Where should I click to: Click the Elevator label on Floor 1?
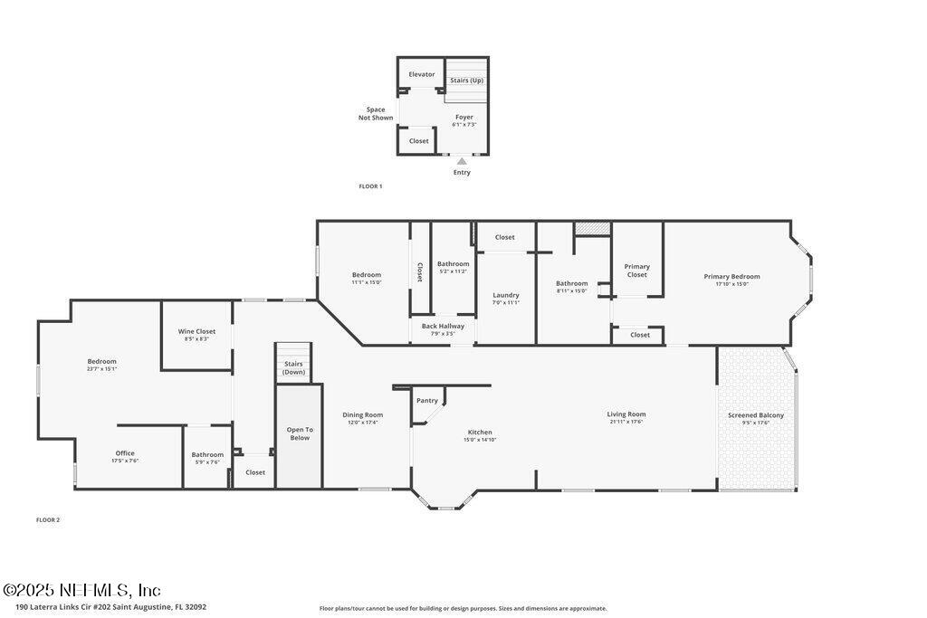click(421, 74)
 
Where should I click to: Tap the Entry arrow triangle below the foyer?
click(462, 161)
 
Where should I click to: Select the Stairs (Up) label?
click(467, 81)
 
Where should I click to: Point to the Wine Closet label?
click(196, 331)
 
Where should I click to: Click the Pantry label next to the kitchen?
click(427, 400)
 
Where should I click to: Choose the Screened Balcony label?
click(756, 415)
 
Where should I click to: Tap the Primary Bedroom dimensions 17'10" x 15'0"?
click(731, 284)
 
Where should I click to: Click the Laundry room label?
click(506, 295)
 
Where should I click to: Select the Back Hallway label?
click(443, 326)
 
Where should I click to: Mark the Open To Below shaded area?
click(300, 434)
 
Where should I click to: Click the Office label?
click(125, 453)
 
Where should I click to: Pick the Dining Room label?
click(362, 414)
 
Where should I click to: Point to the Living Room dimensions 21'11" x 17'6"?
click(626, 422)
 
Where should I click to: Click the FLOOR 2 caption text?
click(48, 520)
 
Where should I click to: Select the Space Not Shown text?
click(376, 114)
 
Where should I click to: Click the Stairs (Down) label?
click(293, 368)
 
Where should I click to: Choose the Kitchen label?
click(480, 432)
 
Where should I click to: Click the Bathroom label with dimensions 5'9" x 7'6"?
click(207, 454)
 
